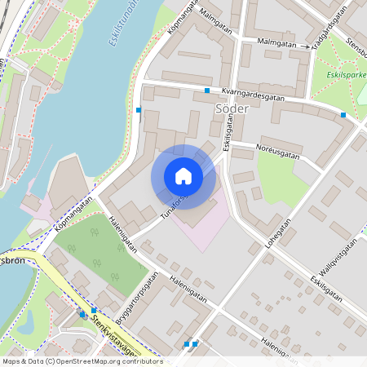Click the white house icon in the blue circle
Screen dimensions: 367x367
[x=183, y=176]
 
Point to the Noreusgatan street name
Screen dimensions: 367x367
[x=277, y=152]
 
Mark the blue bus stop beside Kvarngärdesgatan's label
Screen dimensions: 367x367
[x=208, y=90]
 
